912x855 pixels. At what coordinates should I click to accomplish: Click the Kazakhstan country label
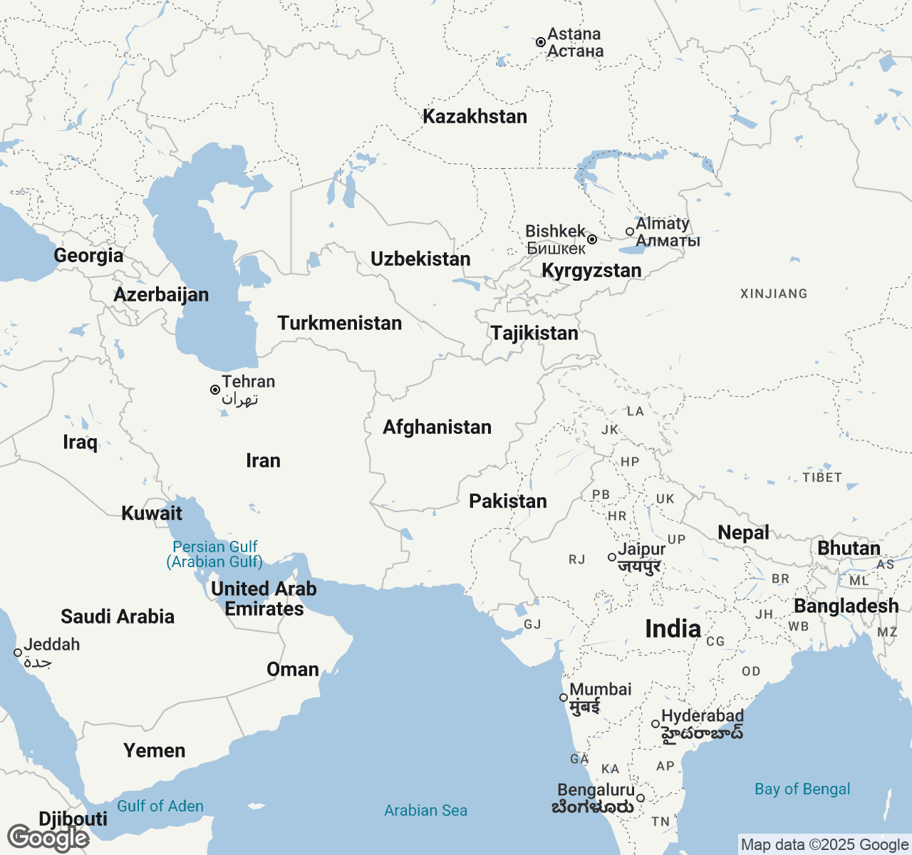click(x=475, y=117)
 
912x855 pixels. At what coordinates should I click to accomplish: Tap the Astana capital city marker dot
click(x=541, y=43)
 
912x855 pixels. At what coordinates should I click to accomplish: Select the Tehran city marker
click(x=215, y=390)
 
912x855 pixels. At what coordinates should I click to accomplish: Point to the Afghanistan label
click(x=437, y=427)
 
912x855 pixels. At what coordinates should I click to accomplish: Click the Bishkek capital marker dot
click(x=592, y=239)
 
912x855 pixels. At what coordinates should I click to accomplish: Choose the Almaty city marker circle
click(x=630, y=232)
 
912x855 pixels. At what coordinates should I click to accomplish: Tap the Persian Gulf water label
click(x=215, y=554)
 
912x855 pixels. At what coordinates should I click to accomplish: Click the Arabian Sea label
click(x=425, y=811)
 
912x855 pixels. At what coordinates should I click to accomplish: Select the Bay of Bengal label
click(x=802, y=789)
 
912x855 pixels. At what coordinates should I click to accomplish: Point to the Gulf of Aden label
click(x=160, y=807)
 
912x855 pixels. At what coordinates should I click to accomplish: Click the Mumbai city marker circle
click(x=564, y=698)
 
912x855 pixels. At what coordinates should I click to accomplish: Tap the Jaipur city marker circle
click(x=612, y=557)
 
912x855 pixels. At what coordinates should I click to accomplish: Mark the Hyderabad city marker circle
click(x=655, y=724)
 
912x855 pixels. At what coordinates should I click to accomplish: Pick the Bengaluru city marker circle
click(x=641, y=798)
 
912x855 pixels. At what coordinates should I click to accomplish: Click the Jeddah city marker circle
click(x=18, y=653)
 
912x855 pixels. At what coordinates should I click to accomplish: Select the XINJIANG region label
click(x=774, y=294)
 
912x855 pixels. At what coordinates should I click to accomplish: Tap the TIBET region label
click(x=822, y=477)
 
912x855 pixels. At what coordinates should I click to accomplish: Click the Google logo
click(x=48, y=838)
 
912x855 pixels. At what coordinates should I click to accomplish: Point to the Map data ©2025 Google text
click(x=824, y=845)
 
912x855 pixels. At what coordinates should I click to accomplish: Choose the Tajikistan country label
click(x=534, y=333)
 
